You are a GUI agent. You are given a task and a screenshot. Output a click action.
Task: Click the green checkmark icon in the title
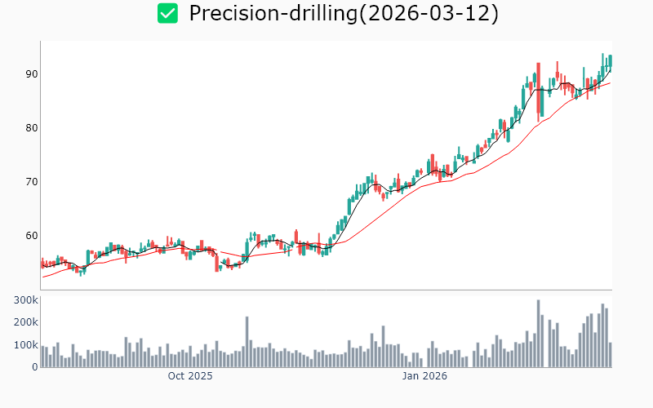click(167, 13)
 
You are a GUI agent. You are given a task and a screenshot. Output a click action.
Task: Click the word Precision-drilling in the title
click(269, 13)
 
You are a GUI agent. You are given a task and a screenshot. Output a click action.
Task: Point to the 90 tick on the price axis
click(32, 74)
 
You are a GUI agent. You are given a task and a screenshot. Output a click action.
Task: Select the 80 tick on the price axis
click(32, 128)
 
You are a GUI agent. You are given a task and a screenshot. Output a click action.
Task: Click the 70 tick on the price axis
click(32, 182)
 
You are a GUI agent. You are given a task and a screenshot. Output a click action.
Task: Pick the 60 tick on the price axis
click(32, 236)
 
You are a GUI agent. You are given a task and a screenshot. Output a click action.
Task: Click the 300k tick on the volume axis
click(26, 300)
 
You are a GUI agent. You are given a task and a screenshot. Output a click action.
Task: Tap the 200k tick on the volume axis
click(26, 322)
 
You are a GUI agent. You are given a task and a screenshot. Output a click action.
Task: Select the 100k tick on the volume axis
click(26, 345)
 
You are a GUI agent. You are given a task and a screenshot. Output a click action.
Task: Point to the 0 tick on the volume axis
click(35, 367)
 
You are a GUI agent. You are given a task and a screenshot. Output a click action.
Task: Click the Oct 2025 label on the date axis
click(190, 377)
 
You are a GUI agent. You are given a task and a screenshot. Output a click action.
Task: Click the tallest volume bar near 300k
click(539, 334)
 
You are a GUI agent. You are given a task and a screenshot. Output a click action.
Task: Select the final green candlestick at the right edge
click(610, 62)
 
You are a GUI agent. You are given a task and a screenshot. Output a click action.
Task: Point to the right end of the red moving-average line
click(610, 83)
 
